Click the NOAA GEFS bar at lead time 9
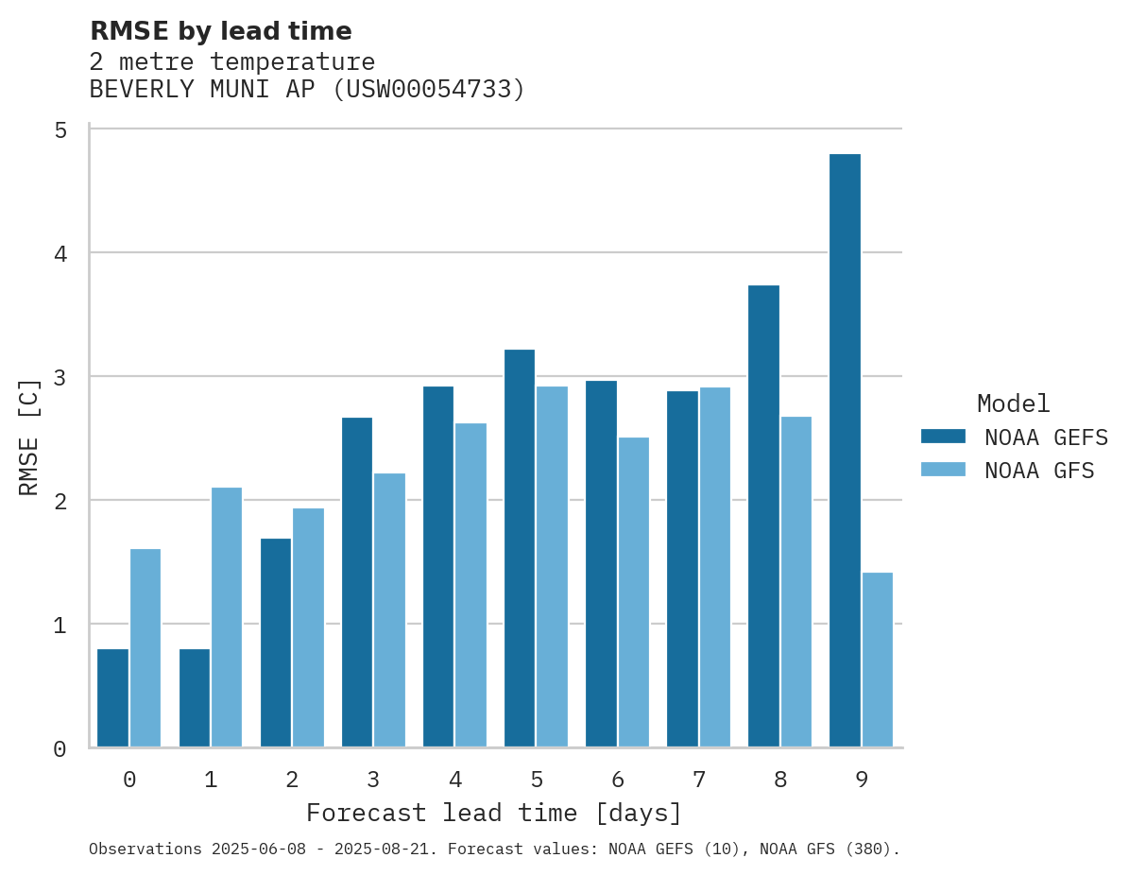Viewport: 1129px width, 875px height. (845, 450)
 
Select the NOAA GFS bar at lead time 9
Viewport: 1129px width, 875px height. (878, 660)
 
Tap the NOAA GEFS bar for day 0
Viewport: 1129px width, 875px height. (112, 697)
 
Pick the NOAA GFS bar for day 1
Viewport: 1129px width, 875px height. (227, 617)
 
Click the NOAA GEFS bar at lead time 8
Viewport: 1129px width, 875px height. (763, 516)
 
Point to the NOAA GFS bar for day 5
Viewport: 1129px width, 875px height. (553, 566)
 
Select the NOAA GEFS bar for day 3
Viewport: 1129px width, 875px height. (357, 582)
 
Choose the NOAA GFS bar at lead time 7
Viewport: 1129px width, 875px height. (715, 567)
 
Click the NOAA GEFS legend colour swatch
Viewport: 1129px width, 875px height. (943, 437)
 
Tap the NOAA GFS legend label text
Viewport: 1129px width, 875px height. (1038, 471)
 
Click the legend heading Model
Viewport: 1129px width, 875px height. (1013, 404)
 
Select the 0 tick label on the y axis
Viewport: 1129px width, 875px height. (60, 749)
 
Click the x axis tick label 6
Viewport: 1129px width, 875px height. (618, 781)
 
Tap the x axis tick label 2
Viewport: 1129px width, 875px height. (292, 781)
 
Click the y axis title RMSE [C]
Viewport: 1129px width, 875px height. (29, 437)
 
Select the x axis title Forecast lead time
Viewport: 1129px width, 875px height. (493, 813)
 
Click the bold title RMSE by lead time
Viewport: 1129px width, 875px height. (220, 31)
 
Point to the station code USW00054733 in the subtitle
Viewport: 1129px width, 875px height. (429, 90)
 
